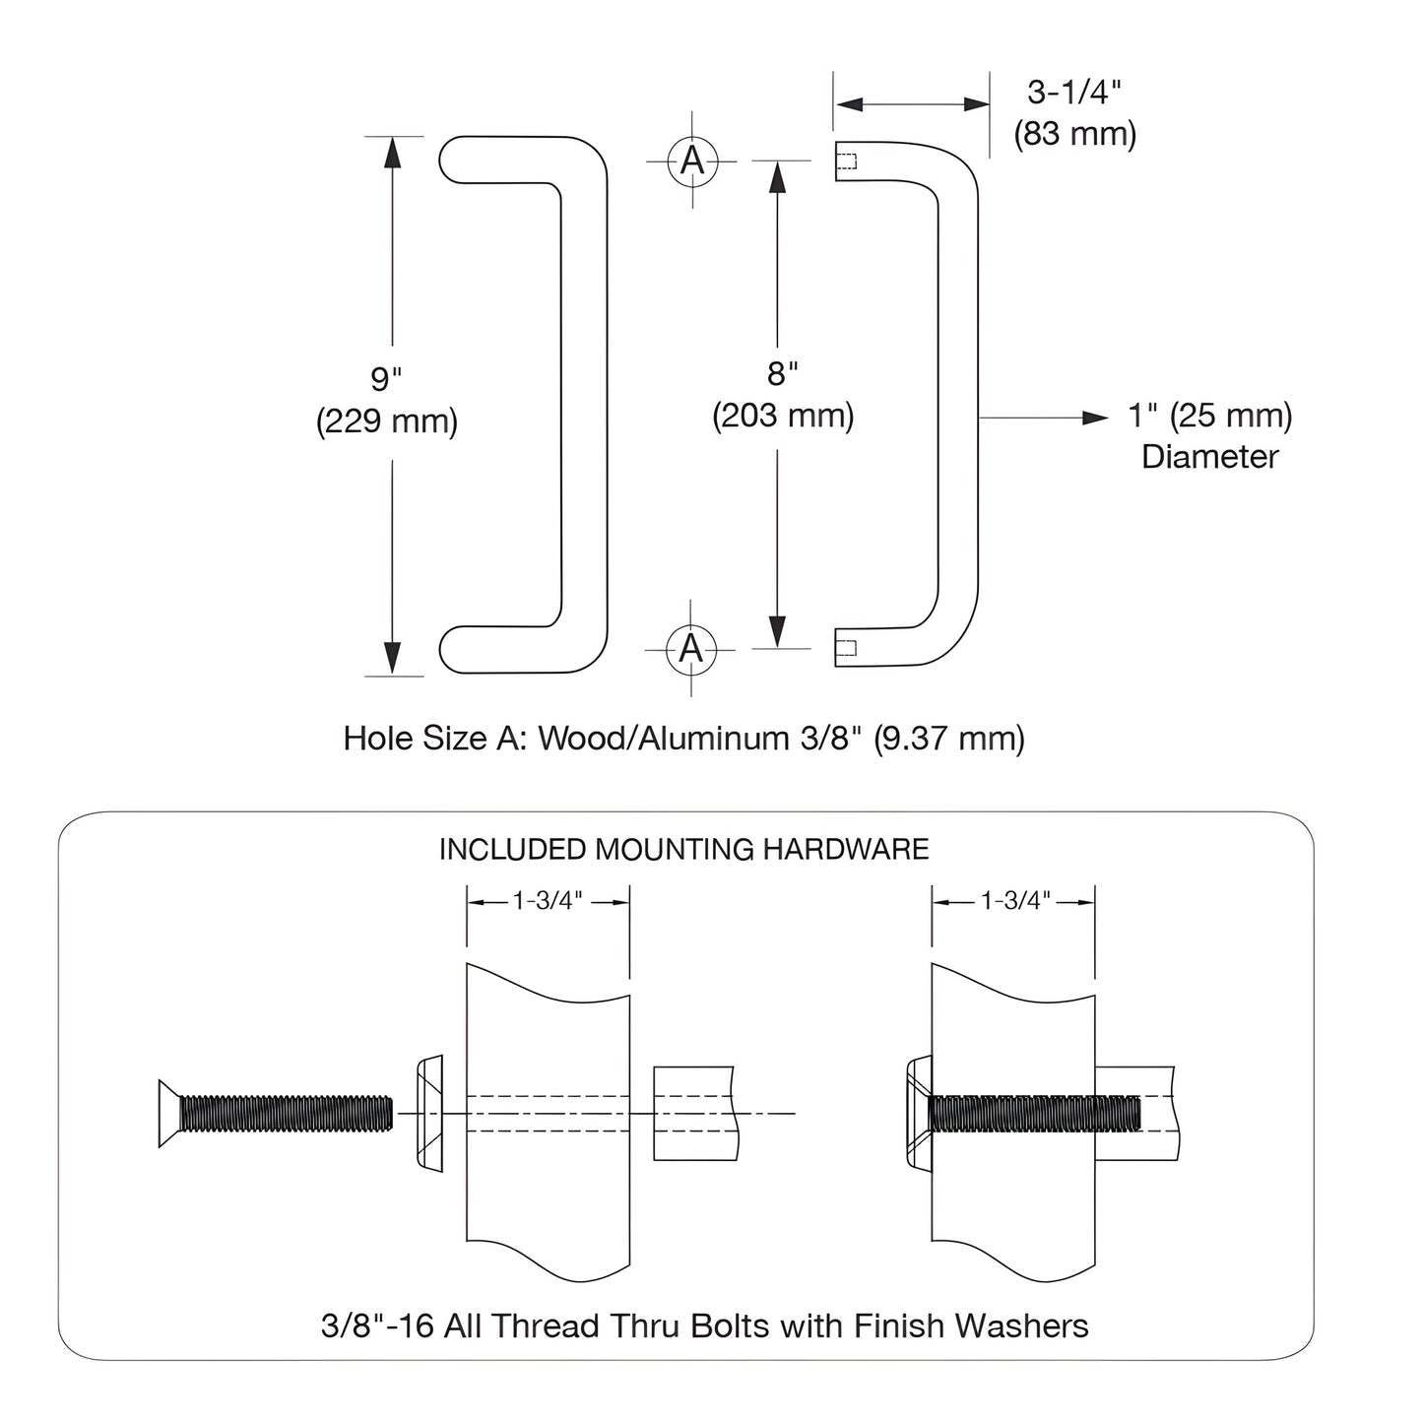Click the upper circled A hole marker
coord(692,160)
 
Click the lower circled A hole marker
coord(691,649)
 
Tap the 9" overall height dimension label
coord(386,378)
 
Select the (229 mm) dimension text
coord(386,421)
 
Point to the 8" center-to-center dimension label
coord(782,373)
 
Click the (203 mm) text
coord(783,416)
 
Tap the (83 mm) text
coord(1074,133)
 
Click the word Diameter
coord(1209,457)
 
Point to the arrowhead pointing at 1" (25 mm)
coord(1095,418)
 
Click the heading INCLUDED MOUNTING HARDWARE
coord(683,849)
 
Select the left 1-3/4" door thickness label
coord(548,900)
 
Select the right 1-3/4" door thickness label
coord(1014,900)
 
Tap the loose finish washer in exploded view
coord(429,1113)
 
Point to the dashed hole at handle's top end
coord(846,162)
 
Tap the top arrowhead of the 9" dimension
coord(392,153)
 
